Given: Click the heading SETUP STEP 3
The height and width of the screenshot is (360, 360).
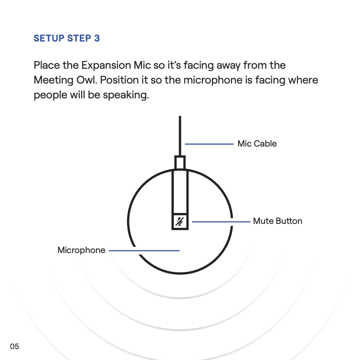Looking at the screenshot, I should pyautogui.click(x=66, y=38).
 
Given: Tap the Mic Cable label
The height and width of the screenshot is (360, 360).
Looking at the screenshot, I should pyautogui.click(x=257, y=144).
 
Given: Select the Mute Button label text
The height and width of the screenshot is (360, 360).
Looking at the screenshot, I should pyautogui.click(x=277, y=221).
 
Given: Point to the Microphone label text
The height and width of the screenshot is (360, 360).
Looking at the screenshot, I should pyautogui.click(x=81, y=250).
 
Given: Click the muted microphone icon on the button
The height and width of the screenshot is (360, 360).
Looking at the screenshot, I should pyautogui.click(x=180, y=222).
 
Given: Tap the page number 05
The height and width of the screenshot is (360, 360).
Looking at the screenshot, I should pyautogui.click(x=14, y=346).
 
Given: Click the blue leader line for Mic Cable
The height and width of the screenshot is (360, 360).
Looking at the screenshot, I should pyautogui.click(x=209, y=143).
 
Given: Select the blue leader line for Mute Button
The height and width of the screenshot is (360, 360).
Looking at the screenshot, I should pyautogui.click(x=221, y=222).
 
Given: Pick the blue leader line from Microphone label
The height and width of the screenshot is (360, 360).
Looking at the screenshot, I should pyautogui.click(x=144, y=250).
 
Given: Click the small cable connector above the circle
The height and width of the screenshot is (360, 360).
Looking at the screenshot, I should pyautogui.click(x=180, y=162).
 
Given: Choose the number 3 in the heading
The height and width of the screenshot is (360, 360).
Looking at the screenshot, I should pyautogui.click(x=97, y=38).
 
